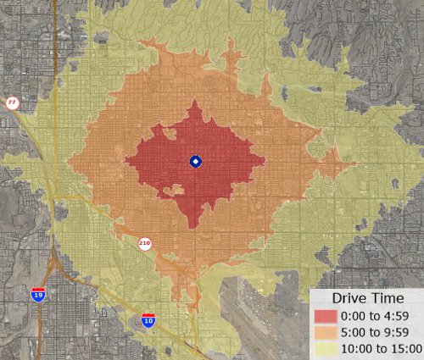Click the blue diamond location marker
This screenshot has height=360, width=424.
[x=194, y=162]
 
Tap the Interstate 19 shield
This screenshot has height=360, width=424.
[x=38, y=294]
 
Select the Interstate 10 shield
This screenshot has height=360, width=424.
[x=148, y=320]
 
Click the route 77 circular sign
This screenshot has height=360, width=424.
[x=12, y=102]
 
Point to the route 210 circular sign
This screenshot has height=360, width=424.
[x=145, y=244]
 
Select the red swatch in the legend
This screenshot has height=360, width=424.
[x=326, y=316]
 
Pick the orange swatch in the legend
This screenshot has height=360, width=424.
[x=326, y=331]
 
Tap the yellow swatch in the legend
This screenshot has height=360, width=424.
[x=326, y=346]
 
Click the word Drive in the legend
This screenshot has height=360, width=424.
[x=349, y=299]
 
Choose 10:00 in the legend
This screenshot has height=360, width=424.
[x=356, y=346]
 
